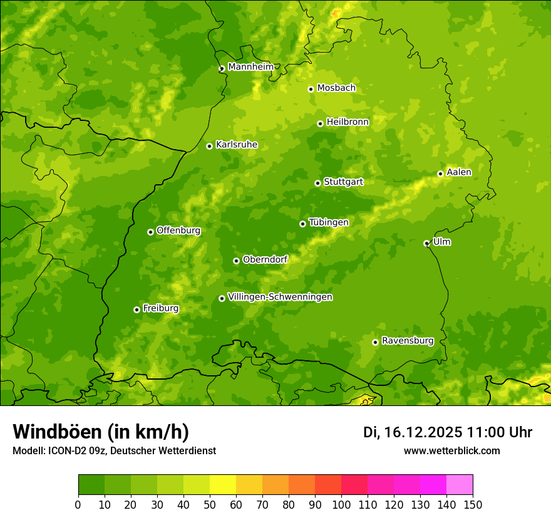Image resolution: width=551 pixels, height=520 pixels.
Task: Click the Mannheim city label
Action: coord(250,66)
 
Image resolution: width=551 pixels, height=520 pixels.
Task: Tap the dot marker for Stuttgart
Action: coord(317,183)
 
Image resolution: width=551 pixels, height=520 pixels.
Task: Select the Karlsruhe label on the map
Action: coord(236,145)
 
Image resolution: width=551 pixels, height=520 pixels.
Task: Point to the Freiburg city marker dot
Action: coord(136,309)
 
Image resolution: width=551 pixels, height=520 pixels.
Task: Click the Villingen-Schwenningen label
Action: coord(280,297)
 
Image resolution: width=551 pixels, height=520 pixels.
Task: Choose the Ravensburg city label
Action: coord(407,341)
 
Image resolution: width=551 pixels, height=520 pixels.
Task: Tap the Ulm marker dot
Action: coord(426,243)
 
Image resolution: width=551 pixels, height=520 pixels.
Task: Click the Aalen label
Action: coord(458,172)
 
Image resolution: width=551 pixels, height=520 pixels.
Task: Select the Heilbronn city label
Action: coord(348,122)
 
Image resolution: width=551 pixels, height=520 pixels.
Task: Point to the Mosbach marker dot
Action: coord(311,89)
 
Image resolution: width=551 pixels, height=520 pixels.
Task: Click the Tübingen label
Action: coord(328,222)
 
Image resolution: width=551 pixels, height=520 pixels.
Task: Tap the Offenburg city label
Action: coord(178,231)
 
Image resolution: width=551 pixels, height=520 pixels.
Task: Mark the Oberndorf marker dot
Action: coord(236,261)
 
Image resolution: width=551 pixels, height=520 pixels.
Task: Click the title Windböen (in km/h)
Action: coord(100,432)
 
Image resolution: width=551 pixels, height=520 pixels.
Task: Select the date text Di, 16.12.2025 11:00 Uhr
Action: coord(447,432)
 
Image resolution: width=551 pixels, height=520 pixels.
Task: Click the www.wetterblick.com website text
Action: coord(451,451)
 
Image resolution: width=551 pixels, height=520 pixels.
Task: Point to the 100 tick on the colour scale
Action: coord(341,504)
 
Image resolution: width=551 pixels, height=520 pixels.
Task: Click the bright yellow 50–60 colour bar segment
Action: coord(223,485)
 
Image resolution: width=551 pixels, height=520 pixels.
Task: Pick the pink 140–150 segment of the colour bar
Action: coord(460,485)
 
